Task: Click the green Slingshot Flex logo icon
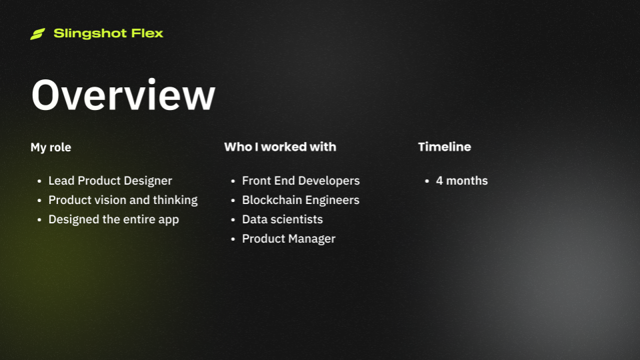tap(37, 34)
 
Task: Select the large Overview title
tap(123, 95)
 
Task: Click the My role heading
tap(51, 147)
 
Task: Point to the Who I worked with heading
tap(280, 147)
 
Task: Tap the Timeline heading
tap(444, 147)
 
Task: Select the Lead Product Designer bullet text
tap(110, 181)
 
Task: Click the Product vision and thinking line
tap(123, 200)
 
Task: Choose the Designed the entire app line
tap(113, 219)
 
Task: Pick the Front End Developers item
tap(301, 181)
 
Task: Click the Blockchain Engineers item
tap(301, 200)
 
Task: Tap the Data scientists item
tap(282, 219)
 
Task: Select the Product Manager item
tap(289, 239)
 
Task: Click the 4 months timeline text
tap(461, 181)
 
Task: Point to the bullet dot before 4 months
tap(427, 181)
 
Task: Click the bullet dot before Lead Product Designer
tap(39, 181)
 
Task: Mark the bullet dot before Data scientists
tap(233, 220)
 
